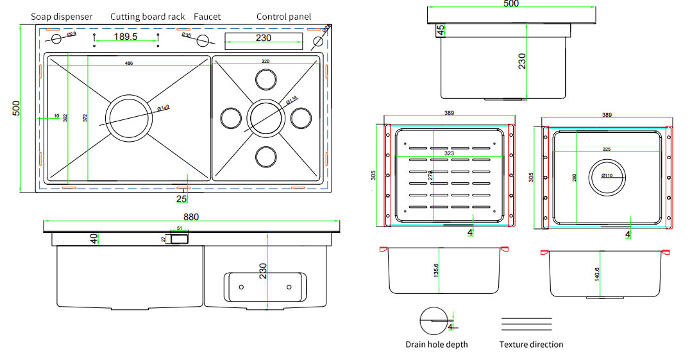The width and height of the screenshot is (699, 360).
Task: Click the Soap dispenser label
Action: click(x=62, y=17)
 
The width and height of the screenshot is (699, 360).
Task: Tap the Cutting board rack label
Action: click(x=147, y=17)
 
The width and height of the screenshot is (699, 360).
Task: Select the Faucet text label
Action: click(x=207, y=17)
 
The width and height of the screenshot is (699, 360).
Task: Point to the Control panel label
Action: click(x=283, y=17)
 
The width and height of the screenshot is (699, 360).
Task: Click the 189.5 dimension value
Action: click(x=126, y=37)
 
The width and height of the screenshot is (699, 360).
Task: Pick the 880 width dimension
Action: click(x=191, y=217)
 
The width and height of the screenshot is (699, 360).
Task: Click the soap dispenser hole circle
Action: click(x=56, y=39)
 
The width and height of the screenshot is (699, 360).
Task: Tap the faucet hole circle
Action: click(x=203, y=41)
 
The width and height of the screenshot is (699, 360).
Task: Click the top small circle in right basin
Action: click(x=265, y=79)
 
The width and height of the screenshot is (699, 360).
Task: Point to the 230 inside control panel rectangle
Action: click(x=263, y=39)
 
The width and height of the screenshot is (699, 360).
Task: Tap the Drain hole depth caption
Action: click(x=437, y=345)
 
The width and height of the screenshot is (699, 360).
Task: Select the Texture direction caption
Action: click(x=531, y=345)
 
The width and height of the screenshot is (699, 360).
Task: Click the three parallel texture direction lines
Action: click(x=526, y=323)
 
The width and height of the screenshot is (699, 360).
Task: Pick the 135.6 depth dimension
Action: click(x=436, y=271)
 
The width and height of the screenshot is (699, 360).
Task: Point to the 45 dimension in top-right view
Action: click(x=441, y=30)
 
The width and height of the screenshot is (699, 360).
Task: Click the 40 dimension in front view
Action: click(x=94, y=238)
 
